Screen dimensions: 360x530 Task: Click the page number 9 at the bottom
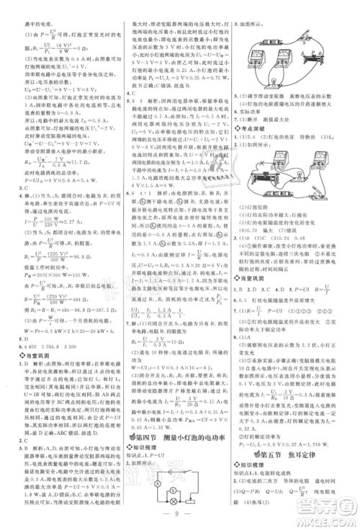[x=180, y=516]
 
